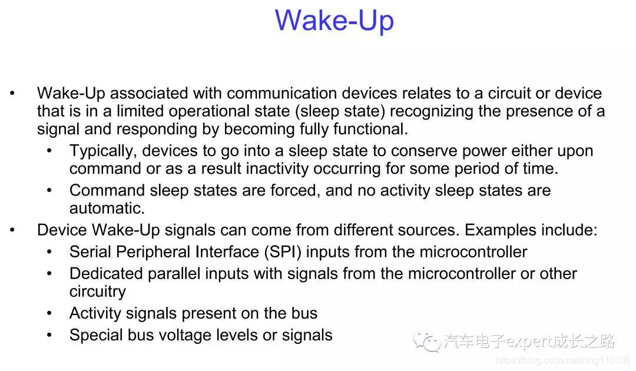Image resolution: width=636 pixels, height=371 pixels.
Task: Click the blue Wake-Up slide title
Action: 334,20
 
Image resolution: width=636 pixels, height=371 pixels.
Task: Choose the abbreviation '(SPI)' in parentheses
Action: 283,252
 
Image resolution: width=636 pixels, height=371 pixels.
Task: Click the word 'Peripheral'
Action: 153,252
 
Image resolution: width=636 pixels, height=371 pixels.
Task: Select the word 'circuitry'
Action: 98,291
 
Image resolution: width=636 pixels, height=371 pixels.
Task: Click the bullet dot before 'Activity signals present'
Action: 49,313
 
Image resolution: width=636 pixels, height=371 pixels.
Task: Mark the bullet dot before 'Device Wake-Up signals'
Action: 12,230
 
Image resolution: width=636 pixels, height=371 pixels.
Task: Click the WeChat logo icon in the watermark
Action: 426,342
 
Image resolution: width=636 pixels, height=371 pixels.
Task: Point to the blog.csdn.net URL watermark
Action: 563,360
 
